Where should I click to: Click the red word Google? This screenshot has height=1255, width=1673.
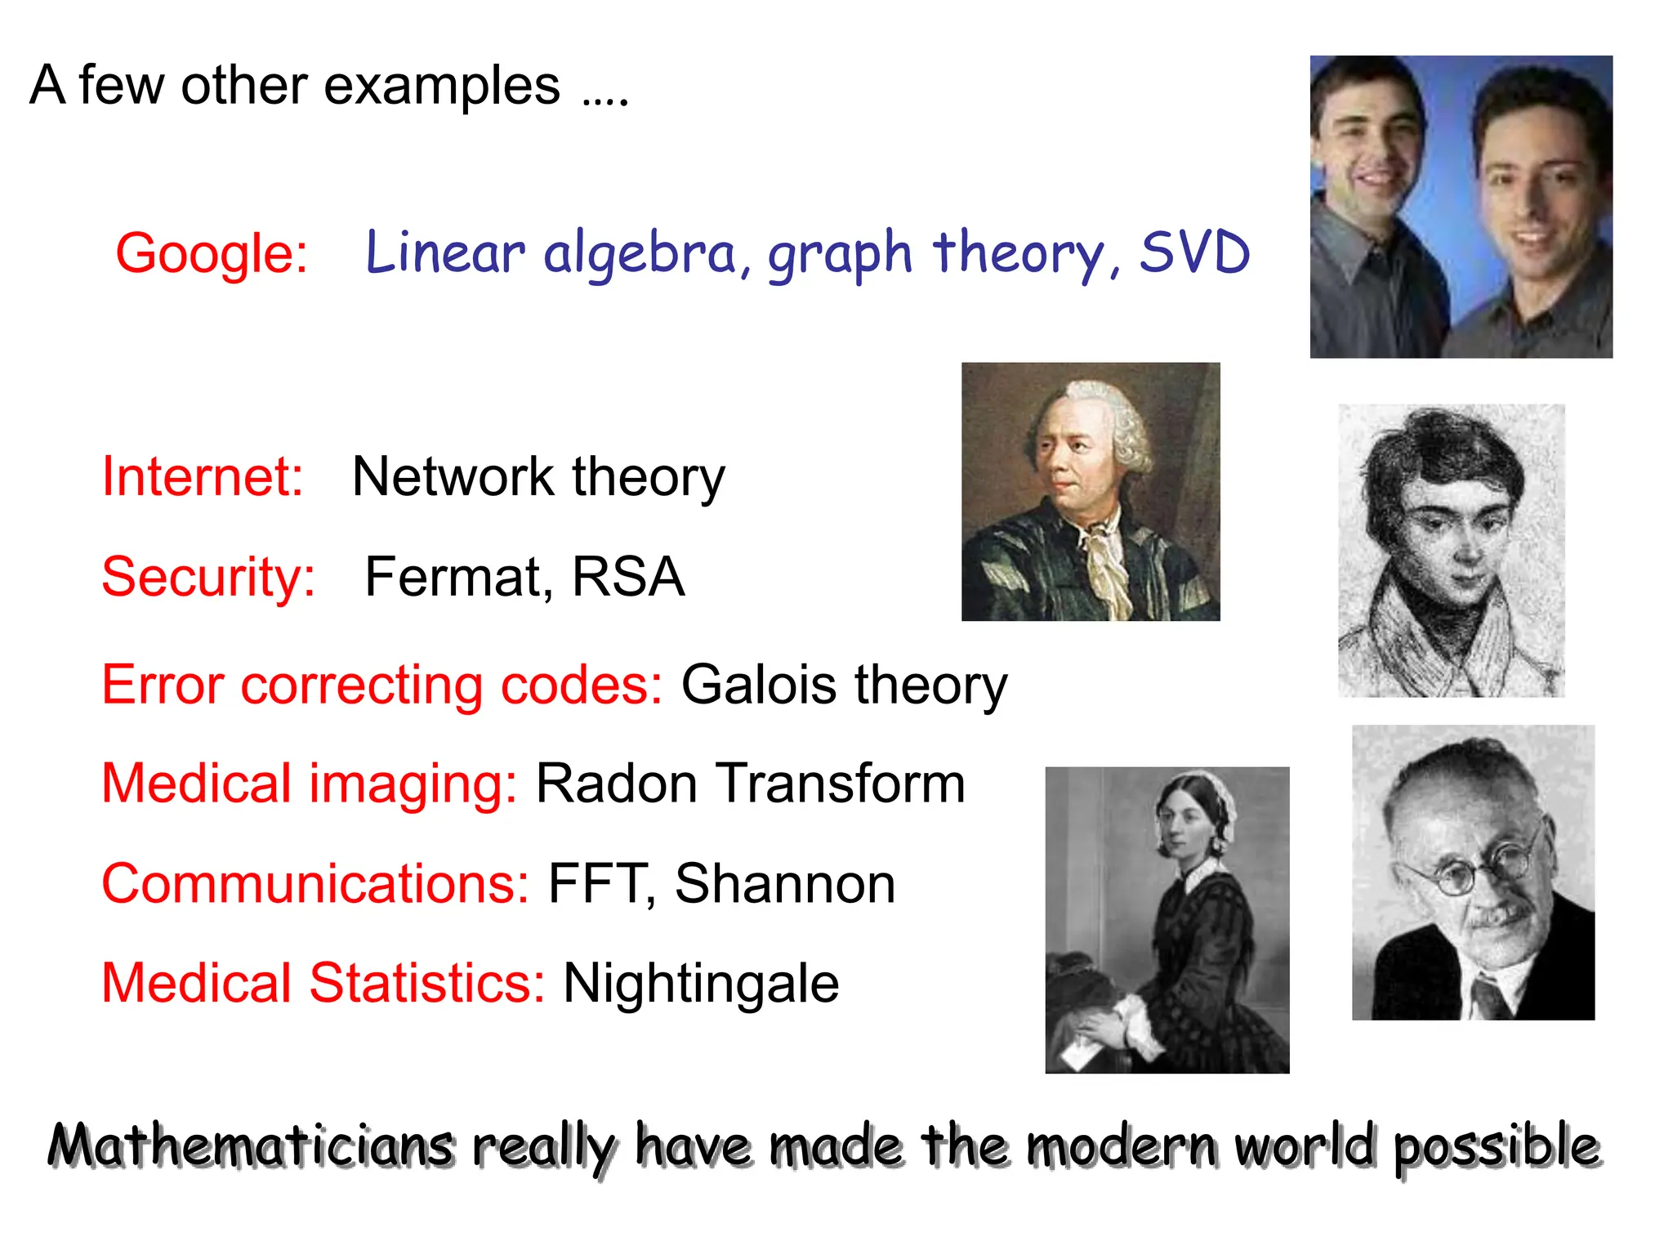(x=212, y=253)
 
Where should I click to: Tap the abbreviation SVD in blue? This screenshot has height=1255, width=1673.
(x=1194, y=252)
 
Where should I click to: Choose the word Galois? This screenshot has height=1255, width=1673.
(x=759, y=685)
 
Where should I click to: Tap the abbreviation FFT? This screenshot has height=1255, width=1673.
(x=596, y=883)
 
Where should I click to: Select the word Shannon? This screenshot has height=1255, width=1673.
(x=785, y=883)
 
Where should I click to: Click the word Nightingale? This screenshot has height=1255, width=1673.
(x=701, y=983)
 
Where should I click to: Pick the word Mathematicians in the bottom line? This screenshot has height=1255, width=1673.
(x=251, y=1146)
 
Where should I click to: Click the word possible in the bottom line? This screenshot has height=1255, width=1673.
(x=1496, y=1146)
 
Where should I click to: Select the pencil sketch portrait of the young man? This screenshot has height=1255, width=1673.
(x=1451, y=551)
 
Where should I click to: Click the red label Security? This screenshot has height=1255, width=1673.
(x=208, y=577)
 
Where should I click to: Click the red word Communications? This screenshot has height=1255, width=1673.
(x=315, y=883)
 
